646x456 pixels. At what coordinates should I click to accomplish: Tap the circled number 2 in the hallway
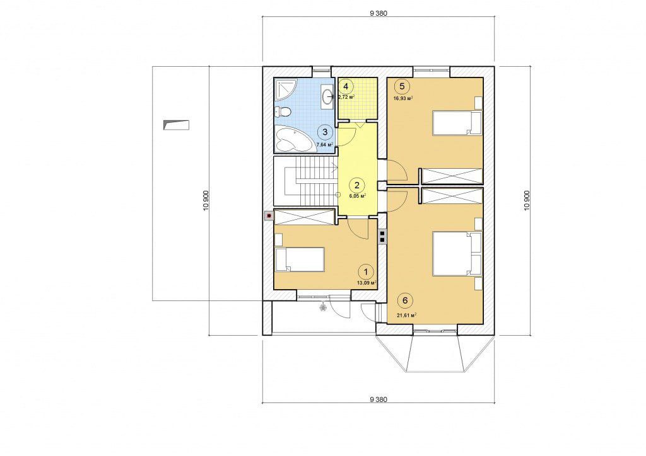click(x=357, y=185)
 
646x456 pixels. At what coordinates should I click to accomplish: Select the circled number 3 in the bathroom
click(x=325, y=132)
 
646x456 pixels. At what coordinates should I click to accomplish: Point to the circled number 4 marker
click(x=346, y=86)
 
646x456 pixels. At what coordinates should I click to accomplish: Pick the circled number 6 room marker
click(x=405, y=300)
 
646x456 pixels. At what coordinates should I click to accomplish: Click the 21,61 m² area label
click(x=406, y=316)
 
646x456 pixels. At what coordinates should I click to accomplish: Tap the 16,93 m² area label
click(x=403, y=98)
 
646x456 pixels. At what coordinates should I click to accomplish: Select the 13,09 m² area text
click(x=367, y=283)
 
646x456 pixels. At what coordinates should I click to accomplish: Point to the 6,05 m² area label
click(x=358, y=196)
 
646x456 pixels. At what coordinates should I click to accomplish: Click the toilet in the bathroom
click(x=283, y=111)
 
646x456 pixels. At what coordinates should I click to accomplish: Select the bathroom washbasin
click(x=327, y=97)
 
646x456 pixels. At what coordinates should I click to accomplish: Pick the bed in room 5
click(x=457, y=123)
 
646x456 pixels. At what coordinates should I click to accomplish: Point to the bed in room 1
click(x=300, y=259)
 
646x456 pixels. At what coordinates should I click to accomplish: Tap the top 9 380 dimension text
click(x=379, y=13)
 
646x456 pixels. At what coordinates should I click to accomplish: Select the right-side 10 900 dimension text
click(x=527, y=201)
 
